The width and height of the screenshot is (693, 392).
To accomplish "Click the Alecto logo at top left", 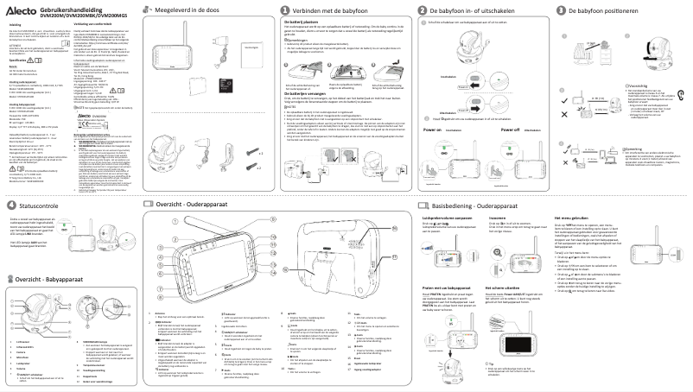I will [19, 8].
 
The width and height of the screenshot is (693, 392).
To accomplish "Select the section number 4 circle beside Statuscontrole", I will [10, 205].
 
